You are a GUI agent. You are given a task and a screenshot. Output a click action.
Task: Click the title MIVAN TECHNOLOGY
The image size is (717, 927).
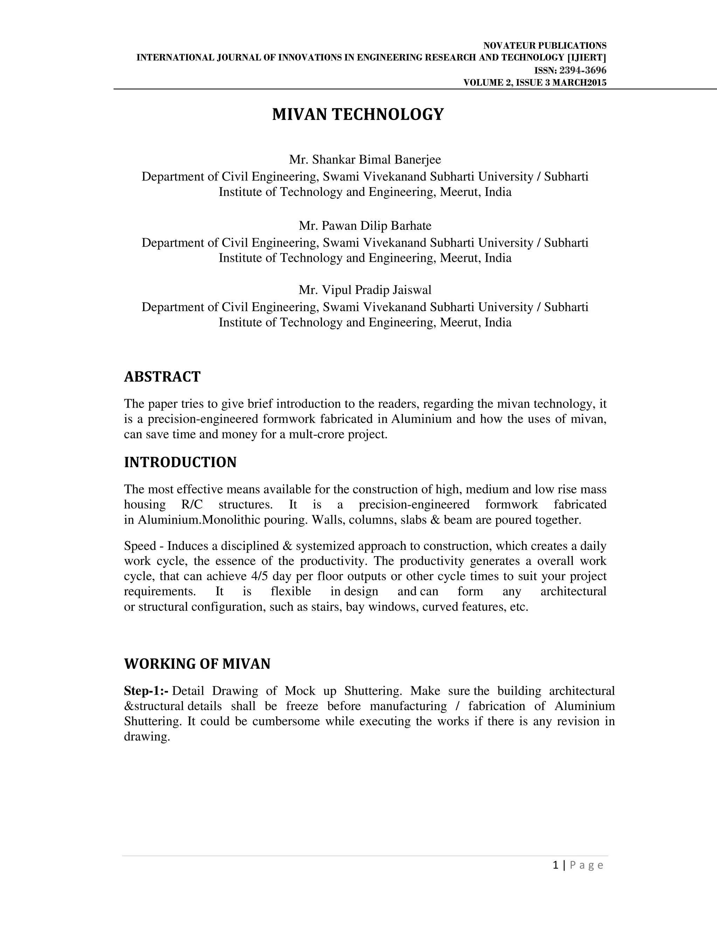pos(358,115)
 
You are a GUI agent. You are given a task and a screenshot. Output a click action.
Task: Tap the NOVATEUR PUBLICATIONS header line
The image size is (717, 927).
pos(544,46)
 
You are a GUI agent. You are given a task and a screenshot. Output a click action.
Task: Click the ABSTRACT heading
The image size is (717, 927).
pos(162,377)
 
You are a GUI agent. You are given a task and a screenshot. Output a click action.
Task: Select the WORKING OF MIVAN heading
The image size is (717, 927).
pos(197,664)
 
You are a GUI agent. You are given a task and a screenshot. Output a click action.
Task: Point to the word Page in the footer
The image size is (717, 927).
pos(586,865)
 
